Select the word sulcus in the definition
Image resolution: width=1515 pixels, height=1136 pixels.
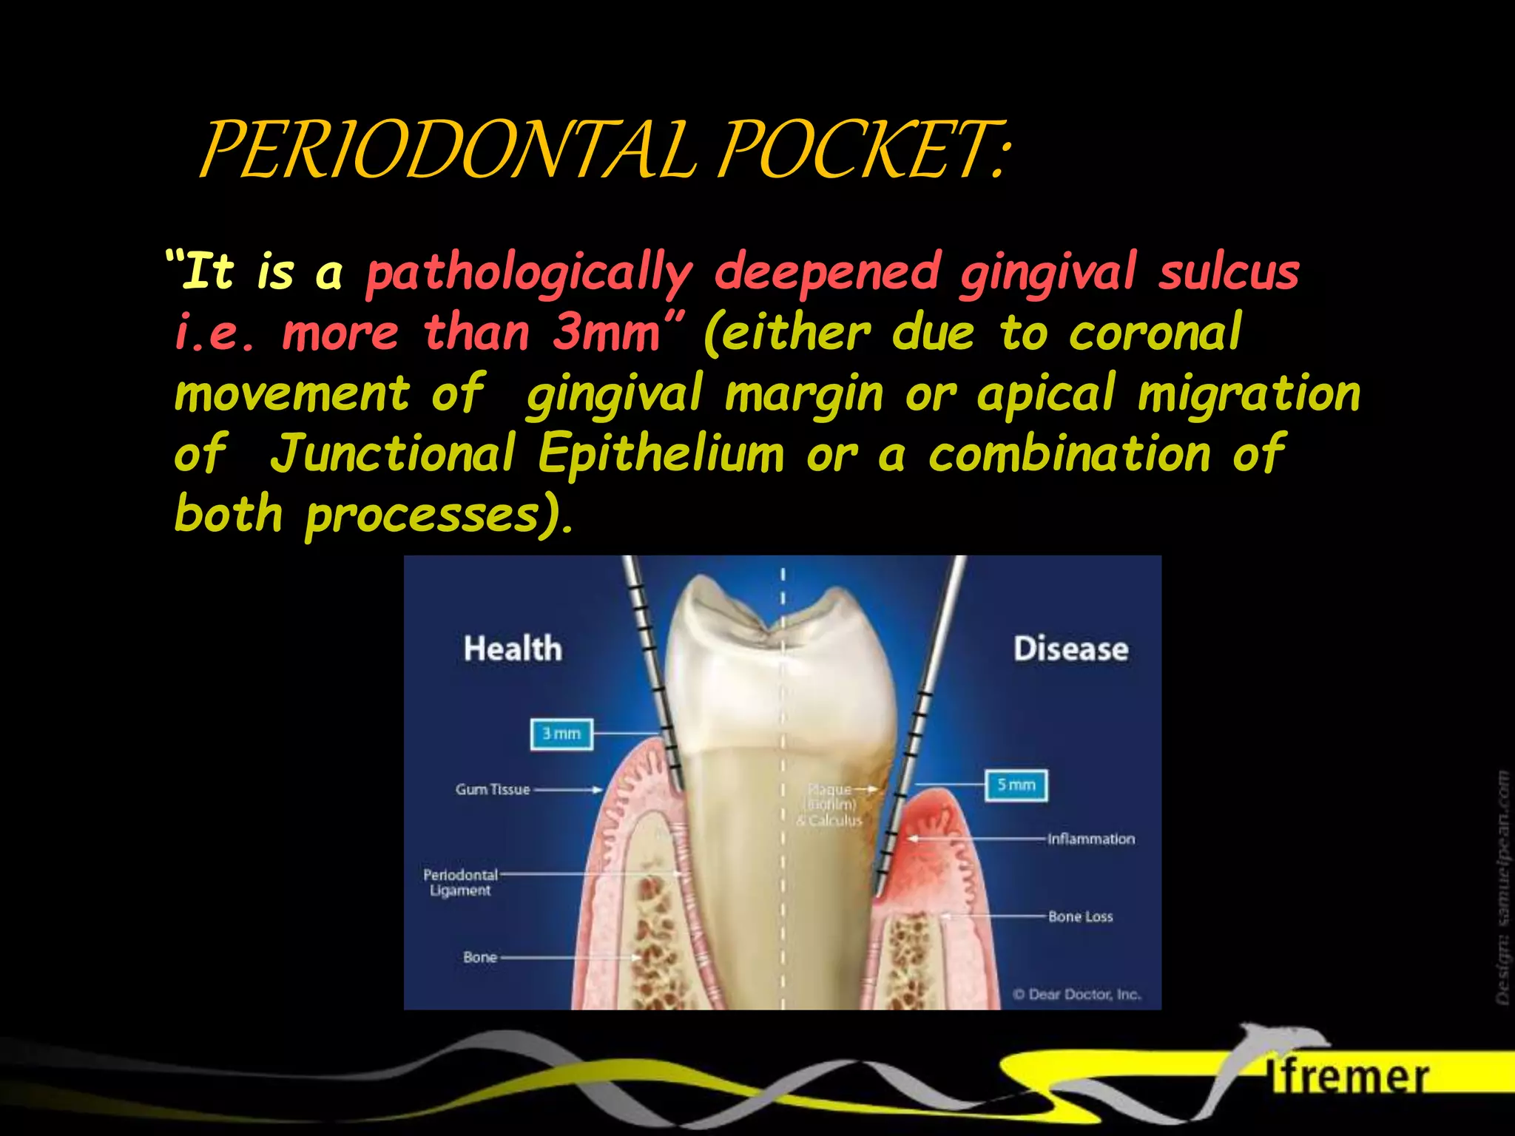[1228, 272]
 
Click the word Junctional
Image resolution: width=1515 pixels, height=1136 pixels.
[393, 453]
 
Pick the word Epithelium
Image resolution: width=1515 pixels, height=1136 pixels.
[661, 453]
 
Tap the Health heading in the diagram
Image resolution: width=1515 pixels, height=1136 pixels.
[513, 649]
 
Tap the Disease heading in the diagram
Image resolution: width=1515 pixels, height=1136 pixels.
[1070, 649]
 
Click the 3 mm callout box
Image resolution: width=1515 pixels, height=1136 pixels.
[561, 734]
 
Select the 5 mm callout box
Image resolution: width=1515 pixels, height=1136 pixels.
[1016, 785]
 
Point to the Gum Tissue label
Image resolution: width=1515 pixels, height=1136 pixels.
[493, 790]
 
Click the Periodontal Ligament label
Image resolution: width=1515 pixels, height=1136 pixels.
[460, 882]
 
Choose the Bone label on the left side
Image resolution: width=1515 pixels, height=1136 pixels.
[480, 957]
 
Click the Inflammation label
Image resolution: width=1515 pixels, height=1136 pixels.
[1090, 839]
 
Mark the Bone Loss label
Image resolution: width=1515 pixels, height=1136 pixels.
[1080, 916]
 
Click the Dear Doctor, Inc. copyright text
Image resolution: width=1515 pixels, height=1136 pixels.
[1077, 995]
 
